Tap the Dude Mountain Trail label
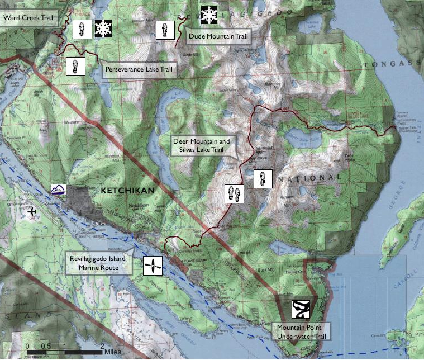click(218, 36)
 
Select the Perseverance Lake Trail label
click(139, 70)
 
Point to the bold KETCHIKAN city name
click(127, 191)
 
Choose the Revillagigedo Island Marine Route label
click(97, 263)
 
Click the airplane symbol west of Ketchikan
click(32, 212)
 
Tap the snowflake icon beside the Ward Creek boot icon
click(103, 29)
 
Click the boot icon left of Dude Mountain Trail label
click(164, 30)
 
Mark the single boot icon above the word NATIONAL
click(263, 179)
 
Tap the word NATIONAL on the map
click(309, 178)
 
